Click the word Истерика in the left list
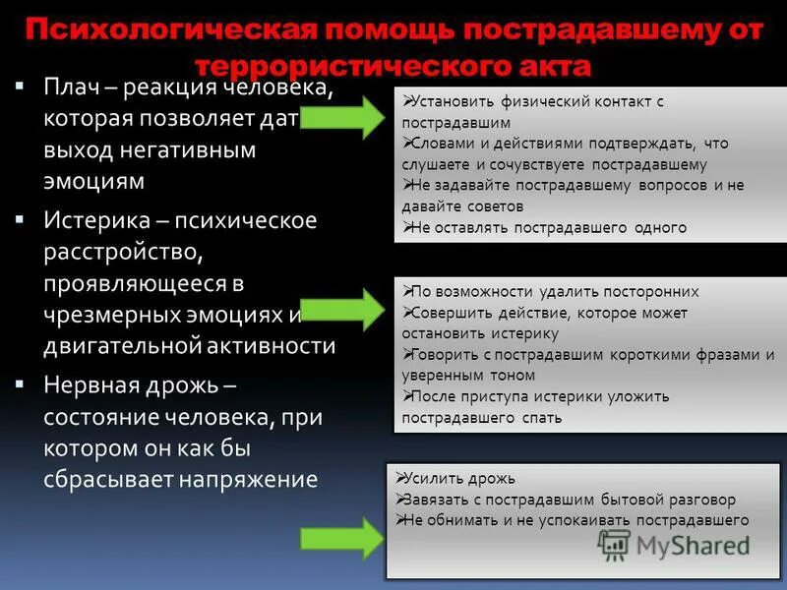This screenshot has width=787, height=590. click(x=93, y=220)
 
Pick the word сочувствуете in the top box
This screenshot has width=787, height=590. click(x=531, y=165)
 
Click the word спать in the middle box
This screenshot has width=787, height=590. click(x=544, y=417)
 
